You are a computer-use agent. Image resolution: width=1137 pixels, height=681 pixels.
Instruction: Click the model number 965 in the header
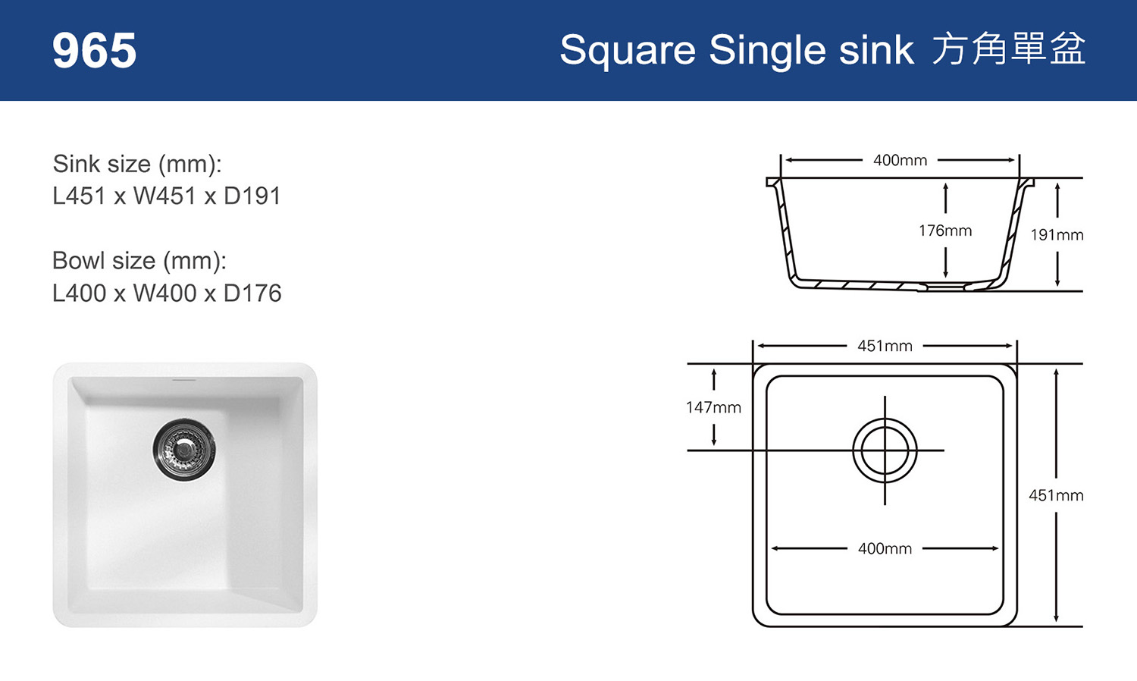point(95,50)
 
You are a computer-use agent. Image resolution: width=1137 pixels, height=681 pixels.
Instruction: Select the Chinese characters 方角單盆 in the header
point(1009,49)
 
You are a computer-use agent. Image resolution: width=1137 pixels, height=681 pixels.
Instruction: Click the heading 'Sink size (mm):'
point(137,165)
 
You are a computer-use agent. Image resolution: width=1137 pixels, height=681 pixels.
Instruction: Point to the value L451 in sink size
point(79,196)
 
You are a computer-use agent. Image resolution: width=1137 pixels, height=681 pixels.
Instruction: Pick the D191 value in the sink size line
point(252,196)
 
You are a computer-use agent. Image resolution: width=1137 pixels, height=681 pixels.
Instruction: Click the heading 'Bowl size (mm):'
point(139,262)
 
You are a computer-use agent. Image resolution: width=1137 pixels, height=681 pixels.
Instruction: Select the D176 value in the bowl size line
point(252,293)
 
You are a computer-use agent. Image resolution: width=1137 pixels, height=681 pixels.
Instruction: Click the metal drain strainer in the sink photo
point(183,449)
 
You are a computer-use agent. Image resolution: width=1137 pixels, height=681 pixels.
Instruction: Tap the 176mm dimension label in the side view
point(945,231)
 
